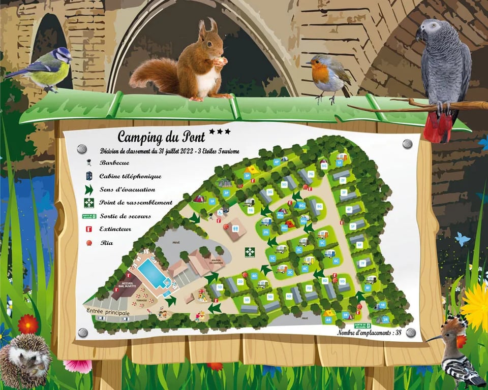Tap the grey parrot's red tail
click(x=438, y=127)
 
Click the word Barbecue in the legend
click(x=114, y=162)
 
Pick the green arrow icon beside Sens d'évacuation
click(x=89, y=190)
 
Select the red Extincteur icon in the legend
click(x=88, y=229)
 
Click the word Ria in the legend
click(x=106, y=243)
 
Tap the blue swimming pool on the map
click(x=154, y=273)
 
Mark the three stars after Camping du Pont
click(x=220, y=132)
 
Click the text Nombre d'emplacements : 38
click(x=370, y=332)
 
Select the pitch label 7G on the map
click(x=311, y=174)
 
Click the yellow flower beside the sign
click(x=476, y=305)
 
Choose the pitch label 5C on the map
click(x=322, y=243)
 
